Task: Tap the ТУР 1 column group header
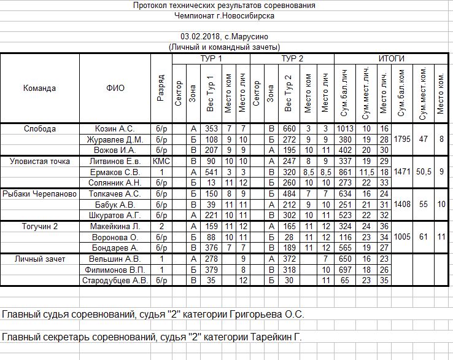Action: (x=212, y=58)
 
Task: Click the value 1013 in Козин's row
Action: (x=345, y=128)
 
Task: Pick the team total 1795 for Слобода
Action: (x=402, y=139)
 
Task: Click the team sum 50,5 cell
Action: (x=423, y=172)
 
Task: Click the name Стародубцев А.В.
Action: (x=114, y=281)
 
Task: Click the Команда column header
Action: (x=40, y=88)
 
